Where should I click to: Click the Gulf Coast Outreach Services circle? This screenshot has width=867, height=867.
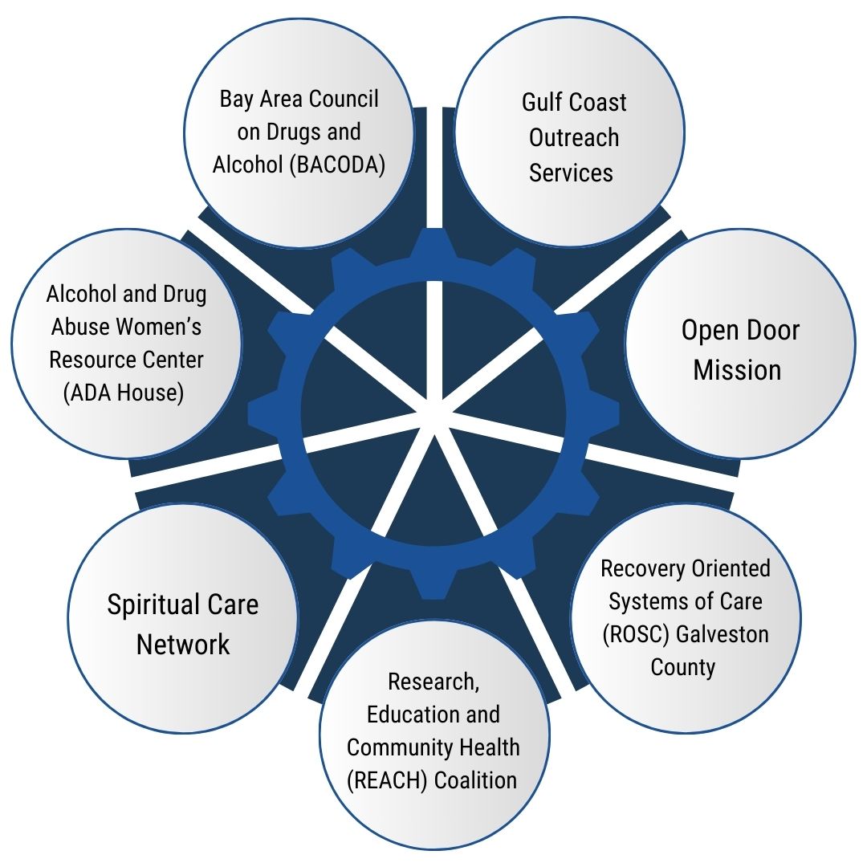(x=570, y=136)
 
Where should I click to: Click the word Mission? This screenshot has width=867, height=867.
(x=738, y=370)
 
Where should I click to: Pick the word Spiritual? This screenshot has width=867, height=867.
(x=149, y=604)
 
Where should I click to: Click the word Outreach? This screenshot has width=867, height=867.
(x=574, y=137)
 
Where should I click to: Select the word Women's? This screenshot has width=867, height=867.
(x=160, y=328)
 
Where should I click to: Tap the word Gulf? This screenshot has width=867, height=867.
(x=542, y=103)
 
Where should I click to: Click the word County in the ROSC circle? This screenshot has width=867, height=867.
(x=683, y=667)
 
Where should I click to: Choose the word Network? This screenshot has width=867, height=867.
(x=183, y=644)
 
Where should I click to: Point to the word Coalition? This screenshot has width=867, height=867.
(x=474, y=779)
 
